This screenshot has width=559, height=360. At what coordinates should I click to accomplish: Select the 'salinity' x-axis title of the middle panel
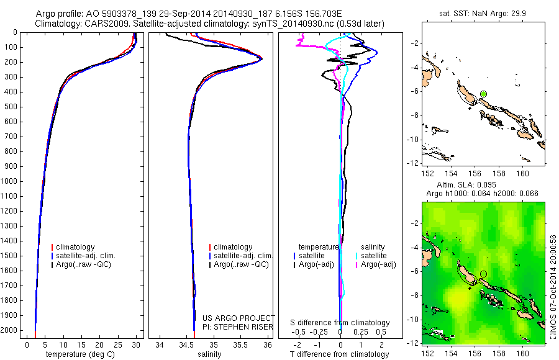coord(209,354)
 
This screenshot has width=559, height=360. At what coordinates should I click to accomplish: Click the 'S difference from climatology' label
coord(340,323)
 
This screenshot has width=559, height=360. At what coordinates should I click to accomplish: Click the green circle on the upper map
coord(483,94)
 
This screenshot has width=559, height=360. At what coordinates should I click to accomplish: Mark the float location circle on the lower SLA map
coord(483,274)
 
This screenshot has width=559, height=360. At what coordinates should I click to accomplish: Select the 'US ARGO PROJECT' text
coord(238,318)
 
